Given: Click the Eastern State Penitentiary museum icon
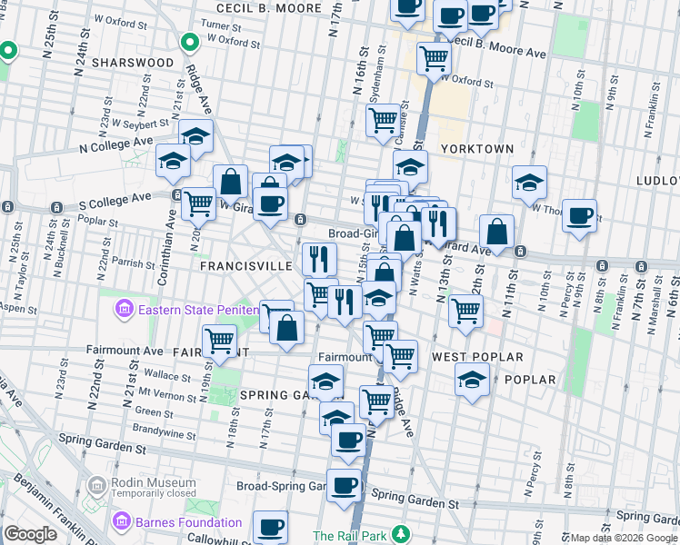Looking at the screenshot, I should point(125,311).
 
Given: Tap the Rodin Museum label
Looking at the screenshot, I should point(153,483).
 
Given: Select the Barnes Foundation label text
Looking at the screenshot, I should point(189,522).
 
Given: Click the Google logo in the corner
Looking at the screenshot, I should point(30,534).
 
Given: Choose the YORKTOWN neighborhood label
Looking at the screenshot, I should point(476,148).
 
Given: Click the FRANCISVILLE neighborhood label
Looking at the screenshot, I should point(245,267).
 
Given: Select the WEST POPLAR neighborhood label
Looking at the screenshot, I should point(477,357).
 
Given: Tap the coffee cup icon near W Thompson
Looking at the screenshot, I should point(579,216).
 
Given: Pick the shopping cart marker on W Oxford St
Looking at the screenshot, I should point(435,58).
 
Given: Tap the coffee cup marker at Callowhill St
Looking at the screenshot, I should point(270,526).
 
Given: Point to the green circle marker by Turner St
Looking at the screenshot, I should point(190,42).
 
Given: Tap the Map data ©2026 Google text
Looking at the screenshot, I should point(625,538).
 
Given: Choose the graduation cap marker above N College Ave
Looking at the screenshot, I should point(195,136).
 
